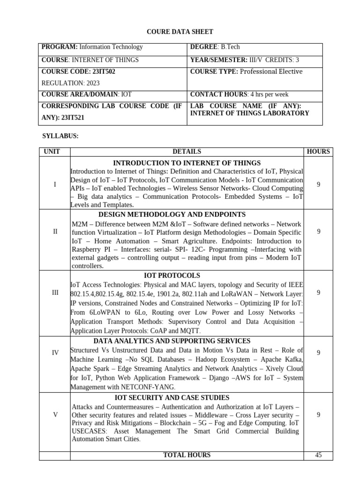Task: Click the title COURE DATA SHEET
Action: [180, 32]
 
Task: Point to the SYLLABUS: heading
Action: [61, 136]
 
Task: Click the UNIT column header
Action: [55, 151]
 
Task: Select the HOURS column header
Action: [318, 151]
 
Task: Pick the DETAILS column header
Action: [187, 151]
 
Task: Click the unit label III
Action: [55, 292]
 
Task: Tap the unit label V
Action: [55, 415]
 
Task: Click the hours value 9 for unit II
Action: [318, 231]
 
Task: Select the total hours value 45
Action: [318, 455]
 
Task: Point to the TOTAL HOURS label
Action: [187, 455]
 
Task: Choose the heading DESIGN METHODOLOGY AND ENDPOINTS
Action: [172, 214]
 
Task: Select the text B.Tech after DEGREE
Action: [231, 47]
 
